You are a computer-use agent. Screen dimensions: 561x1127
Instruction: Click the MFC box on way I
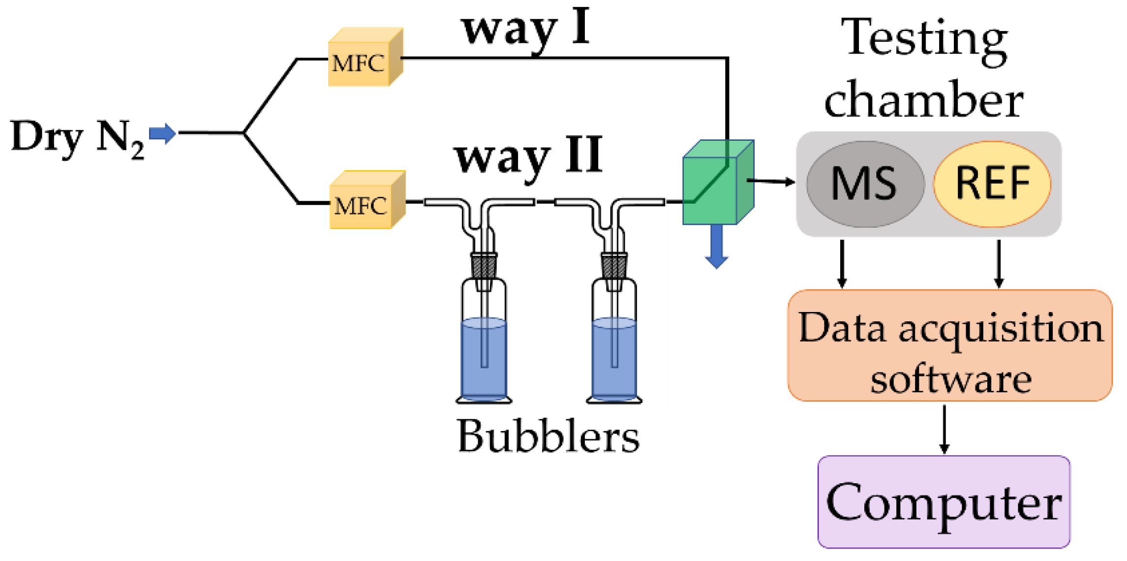click(x=365, y=59)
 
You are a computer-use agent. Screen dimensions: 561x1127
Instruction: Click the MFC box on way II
click(x=366, y=201)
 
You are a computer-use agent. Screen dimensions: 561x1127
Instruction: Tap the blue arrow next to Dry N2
click(x=162, y=133)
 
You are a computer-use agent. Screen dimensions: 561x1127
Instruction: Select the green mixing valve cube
click(x=716, y=185)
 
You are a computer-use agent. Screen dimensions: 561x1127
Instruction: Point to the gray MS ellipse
click(x=865, y=184)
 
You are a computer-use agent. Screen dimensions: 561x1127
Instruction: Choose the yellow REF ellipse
click(x=991, y=184)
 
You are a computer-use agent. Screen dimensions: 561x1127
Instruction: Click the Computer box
click(x=943, y=501)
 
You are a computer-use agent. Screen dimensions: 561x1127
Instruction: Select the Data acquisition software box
click(x=949, y=346)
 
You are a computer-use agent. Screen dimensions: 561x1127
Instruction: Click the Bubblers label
click(x=548, y=436)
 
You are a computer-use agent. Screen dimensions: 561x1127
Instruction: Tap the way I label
click(x=525, y=30)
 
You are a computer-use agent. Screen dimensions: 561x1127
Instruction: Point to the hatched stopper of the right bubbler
click(x=613, y=266)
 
